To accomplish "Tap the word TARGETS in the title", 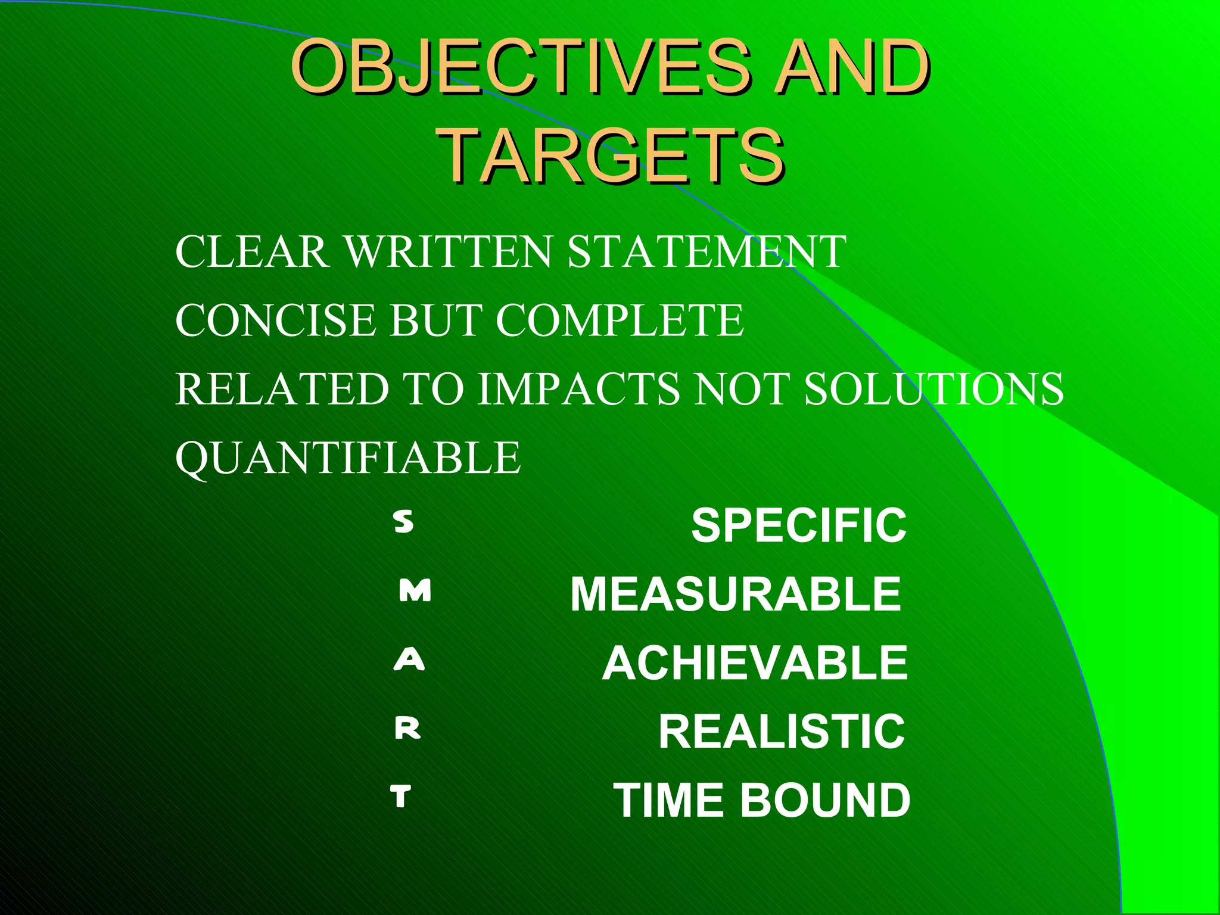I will coord(613,156).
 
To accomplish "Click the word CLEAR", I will coord(252,251).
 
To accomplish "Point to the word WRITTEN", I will coord(449,251).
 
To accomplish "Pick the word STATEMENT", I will coord(707,251).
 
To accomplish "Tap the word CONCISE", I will coord(275,320).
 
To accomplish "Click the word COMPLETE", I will coord(620,320).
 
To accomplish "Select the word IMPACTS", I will coord(578,389).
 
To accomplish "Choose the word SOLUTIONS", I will coord(933,389).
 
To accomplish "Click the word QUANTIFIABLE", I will coord(348,457).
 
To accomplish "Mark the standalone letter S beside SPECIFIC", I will coord(404,522).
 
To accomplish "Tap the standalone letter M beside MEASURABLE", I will coord(415,591).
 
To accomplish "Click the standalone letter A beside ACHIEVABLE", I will coord(409,659).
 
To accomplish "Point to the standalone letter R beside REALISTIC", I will coord(408,728).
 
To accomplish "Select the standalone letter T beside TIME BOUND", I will coord(401,796).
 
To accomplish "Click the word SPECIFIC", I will coord(798,525).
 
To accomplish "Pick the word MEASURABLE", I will coord(736,594).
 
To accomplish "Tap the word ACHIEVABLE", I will coord(755,663).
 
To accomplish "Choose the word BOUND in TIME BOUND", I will coord(825,800).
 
